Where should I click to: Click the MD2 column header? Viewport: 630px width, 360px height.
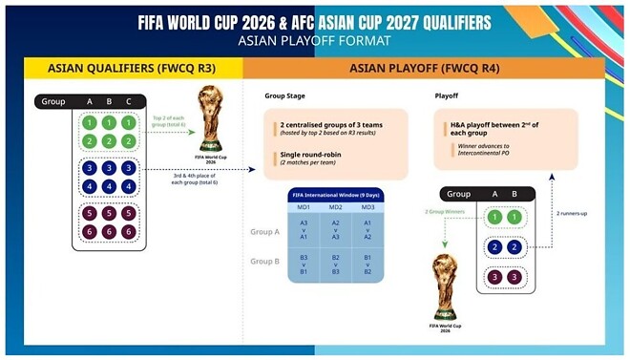coord(335,207)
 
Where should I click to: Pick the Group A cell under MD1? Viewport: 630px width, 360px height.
coord(304,229)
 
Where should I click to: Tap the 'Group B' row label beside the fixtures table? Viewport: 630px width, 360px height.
coord(264,260)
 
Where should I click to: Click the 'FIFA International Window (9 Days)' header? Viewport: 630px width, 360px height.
coord(334,195)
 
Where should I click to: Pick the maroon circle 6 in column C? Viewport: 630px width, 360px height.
coord(131,232)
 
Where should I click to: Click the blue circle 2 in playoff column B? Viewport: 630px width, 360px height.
coord(514,246)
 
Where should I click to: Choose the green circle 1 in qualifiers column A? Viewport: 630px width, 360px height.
coord(89,123)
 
